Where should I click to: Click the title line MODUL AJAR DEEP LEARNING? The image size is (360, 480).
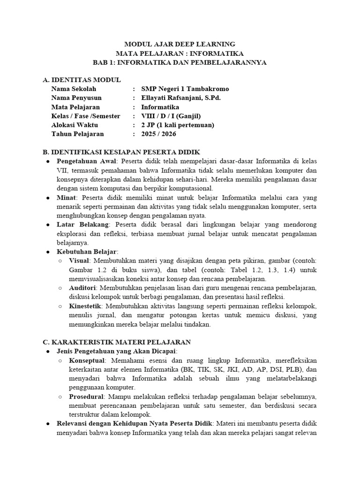point(180,44)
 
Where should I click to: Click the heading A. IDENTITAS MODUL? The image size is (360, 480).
point(82,80)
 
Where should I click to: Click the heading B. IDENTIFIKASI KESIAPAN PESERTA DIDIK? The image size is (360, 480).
point(121,152)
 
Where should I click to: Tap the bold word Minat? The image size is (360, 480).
point(66,197)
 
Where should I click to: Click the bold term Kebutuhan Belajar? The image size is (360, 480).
point(84,252)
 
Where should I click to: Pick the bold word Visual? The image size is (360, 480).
point(80,261)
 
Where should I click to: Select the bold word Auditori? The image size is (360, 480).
point(82,288)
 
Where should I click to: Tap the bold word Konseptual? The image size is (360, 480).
point(87,360)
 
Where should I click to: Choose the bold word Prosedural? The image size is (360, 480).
point(87,396)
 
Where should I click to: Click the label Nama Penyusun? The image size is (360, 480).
point(76,98)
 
